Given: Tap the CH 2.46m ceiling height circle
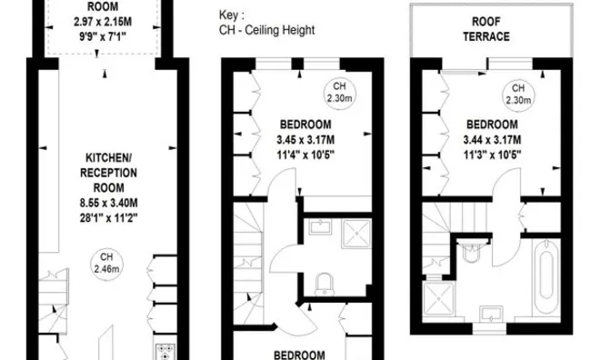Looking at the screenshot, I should (107, 264).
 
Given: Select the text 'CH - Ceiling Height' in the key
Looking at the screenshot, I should (267, 30).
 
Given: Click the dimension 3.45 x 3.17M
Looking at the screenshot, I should (306, 139).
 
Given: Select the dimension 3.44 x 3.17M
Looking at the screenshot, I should (492, 139).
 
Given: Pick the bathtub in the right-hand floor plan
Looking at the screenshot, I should (549, 275).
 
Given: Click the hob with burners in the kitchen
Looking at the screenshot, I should (168, 350).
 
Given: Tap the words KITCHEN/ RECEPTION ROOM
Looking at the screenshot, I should (108, 168).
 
